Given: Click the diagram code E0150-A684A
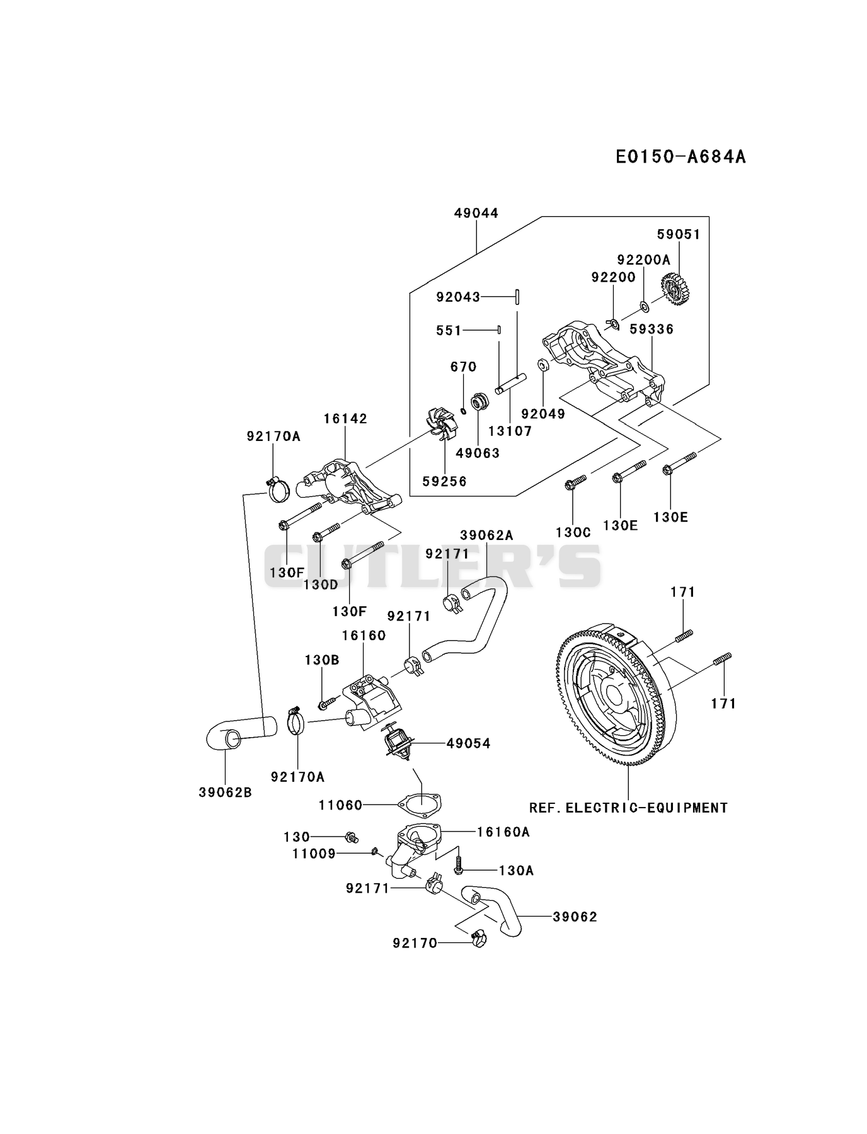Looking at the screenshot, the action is click(680, 156).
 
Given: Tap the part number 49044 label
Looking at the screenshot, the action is click(476, 213).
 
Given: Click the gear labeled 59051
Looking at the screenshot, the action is click(676, 289).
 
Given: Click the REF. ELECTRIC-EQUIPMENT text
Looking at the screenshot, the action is click(628, 808).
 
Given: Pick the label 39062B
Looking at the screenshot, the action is click(225, 793).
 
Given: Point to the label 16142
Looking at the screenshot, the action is click(346, 418).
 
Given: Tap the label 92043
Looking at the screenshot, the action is click(458, 297).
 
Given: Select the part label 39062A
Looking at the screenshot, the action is click(486, 535).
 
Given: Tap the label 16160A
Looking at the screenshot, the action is click(503, 832).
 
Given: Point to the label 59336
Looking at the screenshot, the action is click(652, 329).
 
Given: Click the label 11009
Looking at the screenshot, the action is click(314, 854).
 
